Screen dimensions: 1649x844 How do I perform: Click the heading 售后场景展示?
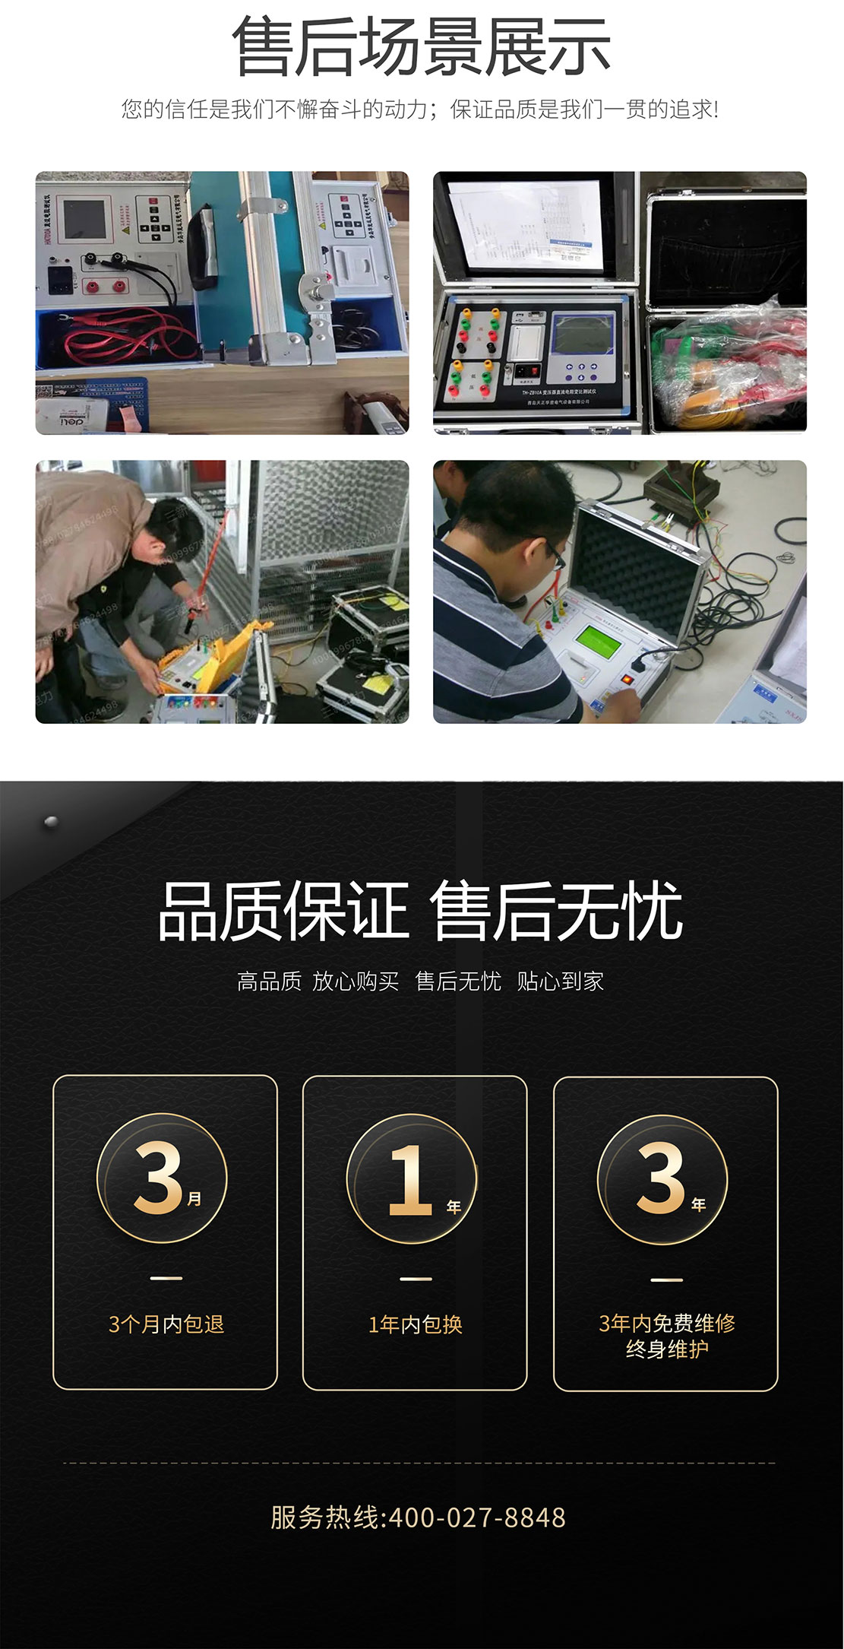pyautogui.click(x=421, y=47)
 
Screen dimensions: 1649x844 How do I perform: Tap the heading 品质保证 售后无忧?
pyautogui.click(x=421, y=912)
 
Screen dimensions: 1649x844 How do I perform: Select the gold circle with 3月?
pyautogui.click(x=163, y=1178)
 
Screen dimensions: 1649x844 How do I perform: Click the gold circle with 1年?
pyautogui.click(x=413, y=1178)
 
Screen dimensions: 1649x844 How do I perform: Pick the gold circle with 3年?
pyautogui.click(x=662, y=1178)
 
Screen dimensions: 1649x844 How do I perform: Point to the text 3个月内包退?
pyautogui.click(x=166, y=1325)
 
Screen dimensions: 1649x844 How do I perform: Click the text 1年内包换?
pyautogui.click(x=416, y=1325)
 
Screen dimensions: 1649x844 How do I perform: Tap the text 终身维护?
pyautogui.click(x=666, y=1349)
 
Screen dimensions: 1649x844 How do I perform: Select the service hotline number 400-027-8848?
pyautogui.click(x=477, y=1517)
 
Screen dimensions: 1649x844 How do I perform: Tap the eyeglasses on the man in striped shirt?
pyautogui.click(x=553, y=556)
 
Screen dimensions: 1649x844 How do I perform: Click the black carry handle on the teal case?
pyautogui.click(x=204, y=247)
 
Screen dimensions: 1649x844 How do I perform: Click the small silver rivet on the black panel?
pyautogui.click(x=51, y=822)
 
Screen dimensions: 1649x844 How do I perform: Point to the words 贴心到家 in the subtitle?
pyautogui.click(x=560, y=981)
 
